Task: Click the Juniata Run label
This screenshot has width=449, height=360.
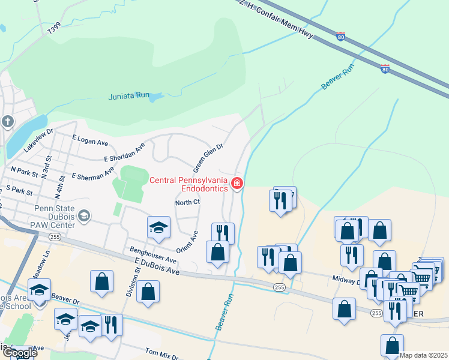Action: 128,95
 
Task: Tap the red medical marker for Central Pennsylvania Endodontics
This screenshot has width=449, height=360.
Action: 237,184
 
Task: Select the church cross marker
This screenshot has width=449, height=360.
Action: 7,122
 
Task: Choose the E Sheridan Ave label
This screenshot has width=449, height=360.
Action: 124,152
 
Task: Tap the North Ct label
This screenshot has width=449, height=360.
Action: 187,202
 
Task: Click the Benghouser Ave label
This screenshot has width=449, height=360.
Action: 154,256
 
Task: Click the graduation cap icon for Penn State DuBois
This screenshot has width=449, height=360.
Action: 85,215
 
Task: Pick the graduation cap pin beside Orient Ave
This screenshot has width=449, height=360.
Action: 159,227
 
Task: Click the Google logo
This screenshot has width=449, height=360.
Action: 20,353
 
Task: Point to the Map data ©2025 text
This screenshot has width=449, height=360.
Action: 423,355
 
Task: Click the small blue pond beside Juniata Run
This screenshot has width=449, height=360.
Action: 155,96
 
